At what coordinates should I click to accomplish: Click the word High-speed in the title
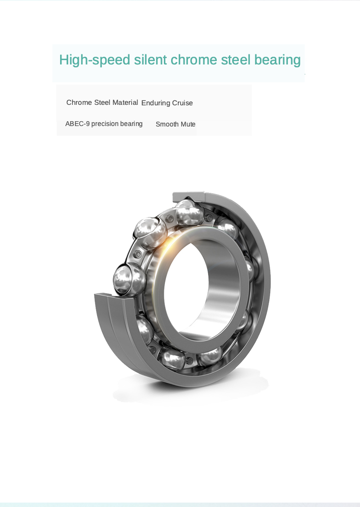(95, 60)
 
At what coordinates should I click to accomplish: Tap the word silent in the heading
(150, 60)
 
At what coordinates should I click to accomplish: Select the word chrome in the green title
(194, 60)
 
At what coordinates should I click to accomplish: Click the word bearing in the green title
(278, 60)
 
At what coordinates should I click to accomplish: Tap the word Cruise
(183, 103)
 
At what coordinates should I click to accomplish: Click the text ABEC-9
(77, 124)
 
